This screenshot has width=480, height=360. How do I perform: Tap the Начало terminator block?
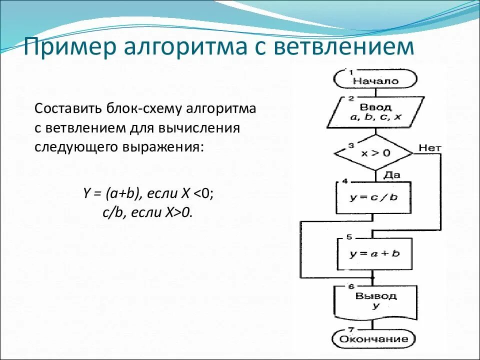[x=375, y=80]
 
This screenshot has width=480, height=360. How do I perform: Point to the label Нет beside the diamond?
[x=429, y=147]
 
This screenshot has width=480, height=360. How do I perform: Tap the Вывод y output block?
[x=375, y=301]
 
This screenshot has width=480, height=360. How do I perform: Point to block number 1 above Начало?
[x=351, y=72]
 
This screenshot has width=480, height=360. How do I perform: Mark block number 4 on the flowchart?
[x=345, y=181]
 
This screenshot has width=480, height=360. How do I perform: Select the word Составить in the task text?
[x=66, y=109]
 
